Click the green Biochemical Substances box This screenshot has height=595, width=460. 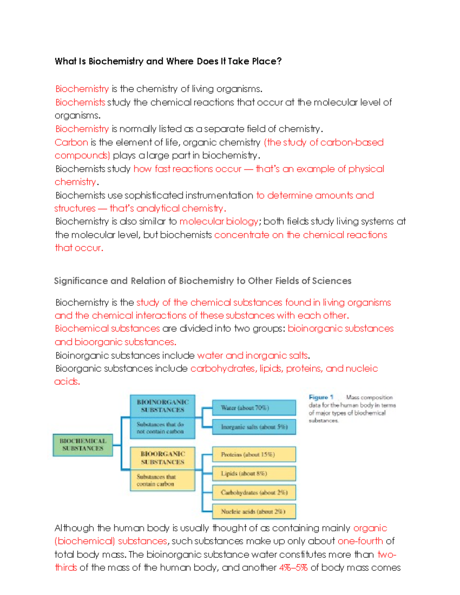83,445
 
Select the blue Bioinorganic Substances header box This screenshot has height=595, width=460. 163,406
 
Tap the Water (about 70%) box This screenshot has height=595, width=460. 254,408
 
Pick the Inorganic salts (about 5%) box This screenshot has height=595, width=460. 254,427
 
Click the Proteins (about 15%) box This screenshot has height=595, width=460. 254,454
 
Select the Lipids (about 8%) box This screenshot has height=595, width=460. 254,474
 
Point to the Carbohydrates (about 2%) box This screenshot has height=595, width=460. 254,493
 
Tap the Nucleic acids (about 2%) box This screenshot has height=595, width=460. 254,511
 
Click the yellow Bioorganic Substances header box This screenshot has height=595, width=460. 163,458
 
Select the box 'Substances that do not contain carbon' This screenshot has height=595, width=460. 163,428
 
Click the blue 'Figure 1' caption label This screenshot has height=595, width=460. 321,397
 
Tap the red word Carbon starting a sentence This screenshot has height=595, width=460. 72,143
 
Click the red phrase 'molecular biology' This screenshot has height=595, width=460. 219,221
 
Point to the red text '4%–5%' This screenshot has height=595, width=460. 293,568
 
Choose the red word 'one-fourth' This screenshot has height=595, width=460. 360,541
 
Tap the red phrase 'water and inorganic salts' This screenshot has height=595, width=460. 252,356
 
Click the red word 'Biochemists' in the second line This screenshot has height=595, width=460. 80,102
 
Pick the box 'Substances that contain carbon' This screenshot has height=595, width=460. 163,480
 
